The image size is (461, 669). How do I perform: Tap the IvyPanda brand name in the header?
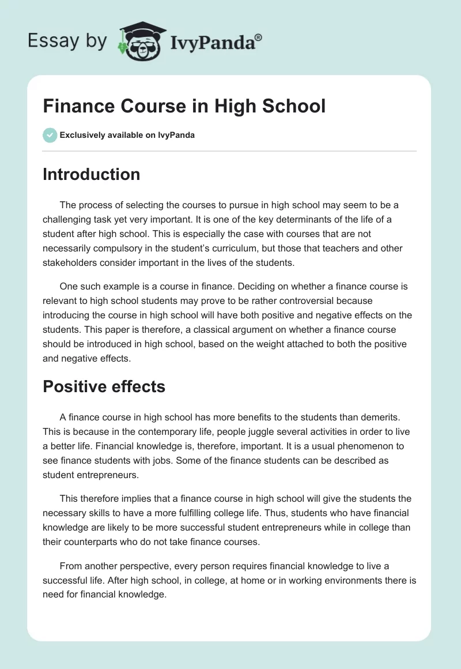(x=211, y=42)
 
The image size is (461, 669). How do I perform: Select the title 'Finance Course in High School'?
(x=184, y=106)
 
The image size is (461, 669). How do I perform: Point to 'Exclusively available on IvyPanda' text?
(x=127, y=135)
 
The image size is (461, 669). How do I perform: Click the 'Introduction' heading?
(x=91, y=174)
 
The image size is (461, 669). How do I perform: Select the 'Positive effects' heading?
(x=104, y=386)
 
